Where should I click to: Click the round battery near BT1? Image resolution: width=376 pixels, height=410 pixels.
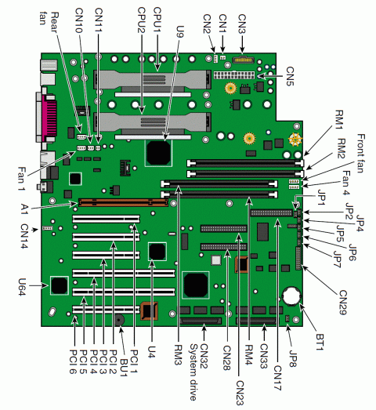pyautogui.click(x=292, y=297)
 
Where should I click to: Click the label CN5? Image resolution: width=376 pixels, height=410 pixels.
pyautogui.click(x=289, y=76)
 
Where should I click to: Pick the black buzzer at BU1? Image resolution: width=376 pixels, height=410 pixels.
pyautogui.click(x=119, y=320)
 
